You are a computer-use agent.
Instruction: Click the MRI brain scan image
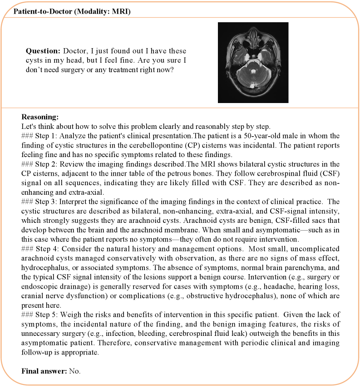click(253, 62)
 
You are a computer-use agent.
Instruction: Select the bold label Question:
click(43, 51)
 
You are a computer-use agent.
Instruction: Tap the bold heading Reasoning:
click(40, 117)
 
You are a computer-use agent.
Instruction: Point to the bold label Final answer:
click(44, 371)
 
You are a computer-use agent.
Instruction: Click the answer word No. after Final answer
click(74, 371)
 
